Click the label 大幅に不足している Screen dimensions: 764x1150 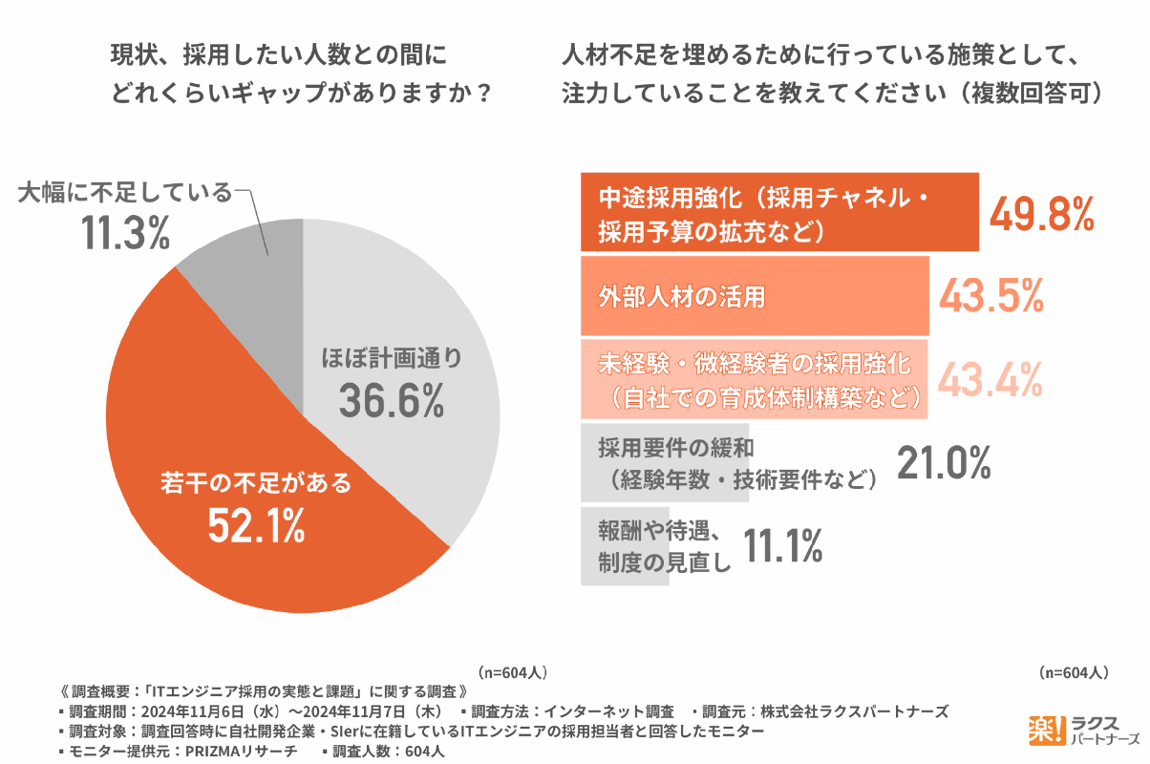tap(125, 194)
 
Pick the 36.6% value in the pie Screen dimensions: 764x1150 tap(391, 401)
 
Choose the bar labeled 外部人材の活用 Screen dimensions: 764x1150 tap(756, 296)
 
